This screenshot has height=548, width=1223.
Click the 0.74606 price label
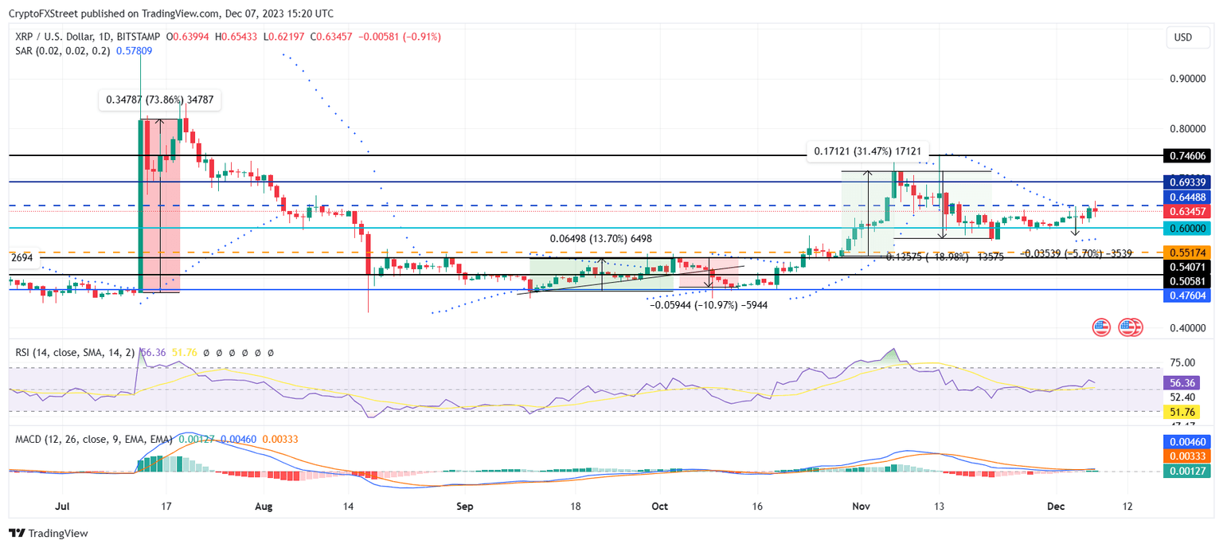1186,156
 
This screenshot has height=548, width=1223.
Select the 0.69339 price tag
1186,182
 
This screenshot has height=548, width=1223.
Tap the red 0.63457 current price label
1186,211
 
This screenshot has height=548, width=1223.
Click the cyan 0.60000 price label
1186,228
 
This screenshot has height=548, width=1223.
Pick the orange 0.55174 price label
1186,252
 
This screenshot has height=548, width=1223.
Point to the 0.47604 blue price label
1186,295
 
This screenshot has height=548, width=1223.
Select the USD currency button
1183,37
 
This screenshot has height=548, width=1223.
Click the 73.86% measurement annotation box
159,100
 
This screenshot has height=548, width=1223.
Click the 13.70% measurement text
600,238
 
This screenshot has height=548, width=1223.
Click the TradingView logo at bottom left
49,533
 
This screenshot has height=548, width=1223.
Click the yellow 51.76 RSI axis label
1186,412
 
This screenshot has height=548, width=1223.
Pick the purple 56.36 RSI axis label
1186,382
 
